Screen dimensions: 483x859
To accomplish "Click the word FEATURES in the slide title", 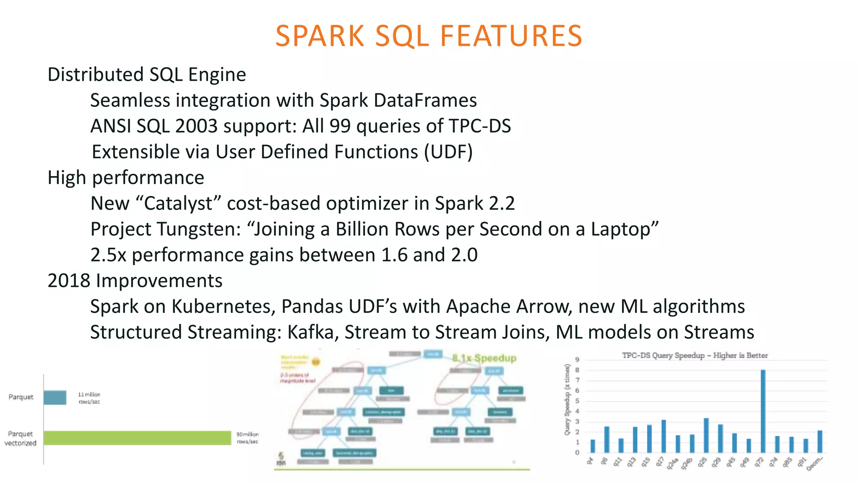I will point(511,36).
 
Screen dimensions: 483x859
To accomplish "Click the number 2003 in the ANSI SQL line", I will point(196,126).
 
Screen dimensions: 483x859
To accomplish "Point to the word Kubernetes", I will point(223,306).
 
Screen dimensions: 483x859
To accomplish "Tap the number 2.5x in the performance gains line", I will point(108,255).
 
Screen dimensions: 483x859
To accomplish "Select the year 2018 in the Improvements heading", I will point(69,281).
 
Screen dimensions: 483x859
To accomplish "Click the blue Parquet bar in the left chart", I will point(55,397).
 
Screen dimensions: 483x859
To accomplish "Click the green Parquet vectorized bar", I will point(137,438).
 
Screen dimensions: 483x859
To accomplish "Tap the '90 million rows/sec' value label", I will point(247,438).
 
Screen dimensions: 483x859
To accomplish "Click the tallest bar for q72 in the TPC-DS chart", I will point(763,411).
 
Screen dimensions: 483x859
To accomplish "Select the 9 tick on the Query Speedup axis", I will point(577,360).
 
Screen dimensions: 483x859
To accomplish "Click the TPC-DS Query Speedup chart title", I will point(695,356).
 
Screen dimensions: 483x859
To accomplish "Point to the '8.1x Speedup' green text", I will point(484,358).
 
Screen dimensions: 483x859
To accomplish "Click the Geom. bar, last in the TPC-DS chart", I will point(820,441).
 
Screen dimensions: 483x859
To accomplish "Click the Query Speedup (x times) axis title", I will point(567,399).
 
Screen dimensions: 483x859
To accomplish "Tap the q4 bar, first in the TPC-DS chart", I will point(593,446).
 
